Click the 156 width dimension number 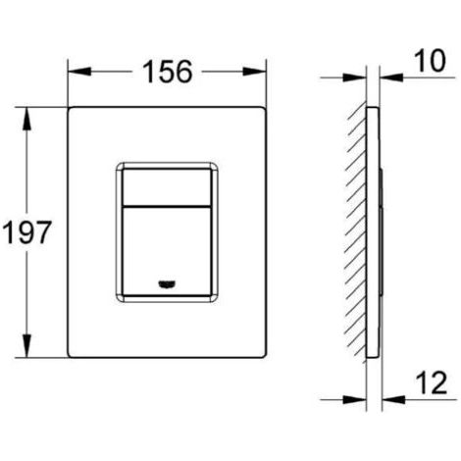[168, 72]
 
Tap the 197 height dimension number [27, 232]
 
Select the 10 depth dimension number [430, 61]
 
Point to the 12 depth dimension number [432, 384]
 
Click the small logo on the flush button [166, 284]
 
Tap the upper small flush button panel [166, 187]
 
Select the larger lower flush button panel [166, 251]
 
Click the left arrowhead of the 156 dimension [79, 72]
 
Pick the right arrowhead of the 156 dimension [254, 72]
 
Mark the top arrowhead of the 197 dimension [26, 119]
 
